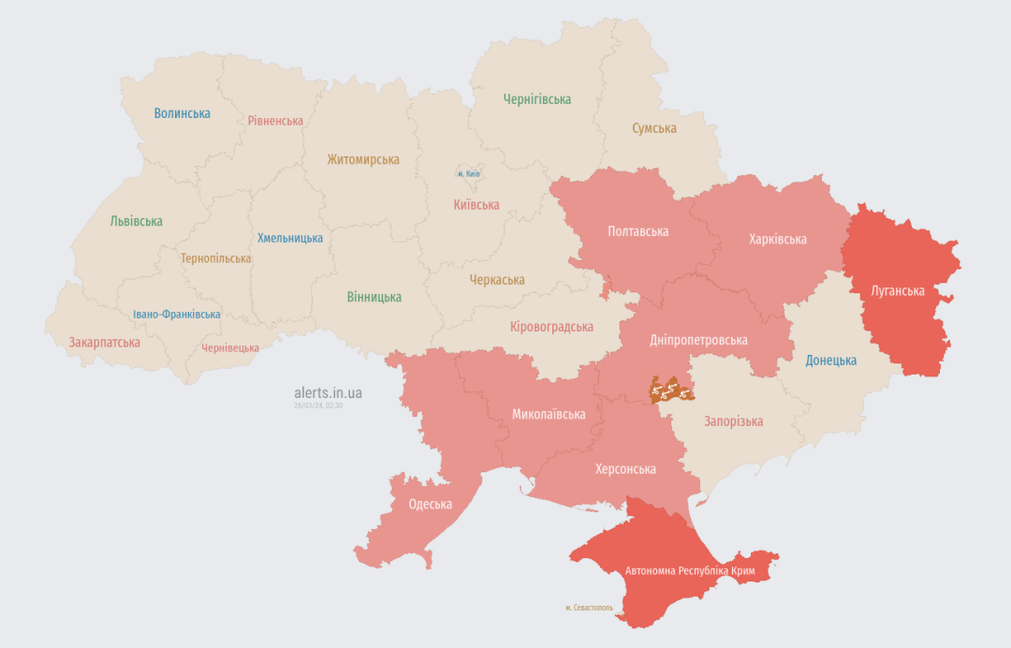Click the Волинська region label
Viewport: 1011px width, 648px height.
click(183, 113)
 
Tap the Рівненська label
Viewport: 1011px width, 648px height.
click(275, 121)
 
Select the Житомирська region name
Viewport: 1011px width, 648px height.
click(363, 159)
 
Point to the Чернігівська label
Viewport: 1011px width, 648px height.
click(537, 99)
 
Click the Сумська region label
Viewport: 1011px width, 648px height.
click(654, 128)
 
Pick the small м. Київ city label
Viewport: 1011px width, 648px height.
click(469, 174)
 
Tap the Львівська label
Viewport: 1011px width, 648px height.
click(136, 222)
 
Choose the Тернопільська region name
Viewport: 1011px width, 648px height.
click(216, 258)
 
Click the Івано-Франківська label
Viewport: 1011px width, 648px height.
click(177, 315)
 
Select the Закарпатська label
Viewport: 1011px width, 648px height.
click(104, 343)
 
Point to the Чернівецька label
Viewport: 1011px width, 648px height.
click(230, 348)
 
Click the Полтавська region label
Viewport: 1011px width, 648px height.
click(637, 231)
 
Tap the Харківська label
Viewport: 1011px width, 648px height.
click(778, 240)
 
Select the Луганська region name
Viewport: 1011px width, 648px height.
click(898, 291)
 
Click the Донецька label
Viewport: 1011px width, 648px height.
click(831, 361)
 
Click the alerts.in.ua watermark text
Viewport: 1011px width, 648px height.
click(328, 392)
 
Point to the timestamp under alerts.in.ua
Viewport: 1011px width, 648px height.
click(318, 405)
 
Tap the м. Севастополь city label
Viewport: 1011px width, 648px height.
click(589, 608)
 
